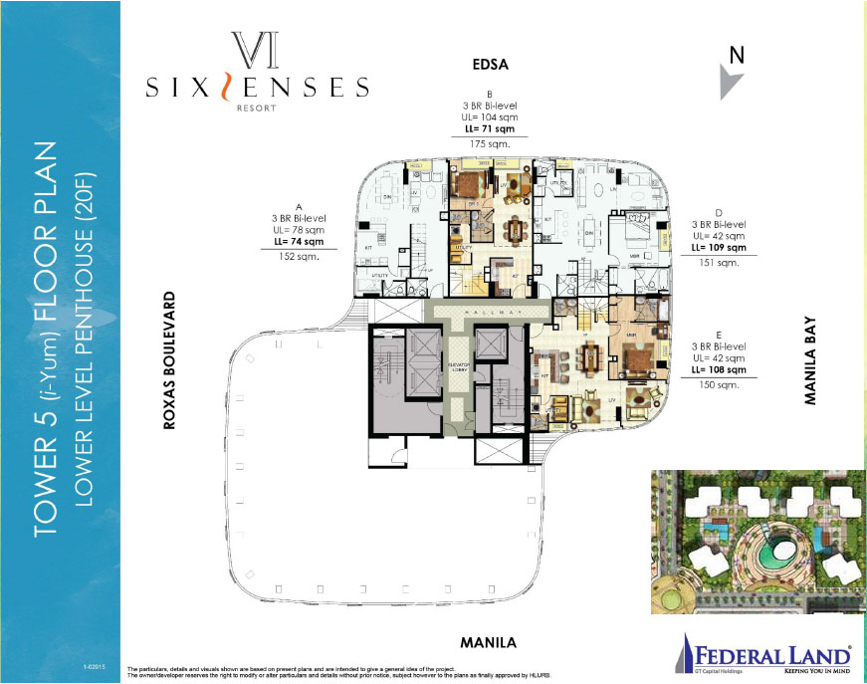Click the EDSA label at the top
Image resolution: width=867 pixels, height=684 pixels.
490,66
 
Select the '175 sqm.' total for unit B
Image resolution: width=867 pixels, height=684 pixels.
489,143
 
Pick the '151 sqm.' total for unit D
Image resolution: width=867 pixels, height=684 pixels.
721,264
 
